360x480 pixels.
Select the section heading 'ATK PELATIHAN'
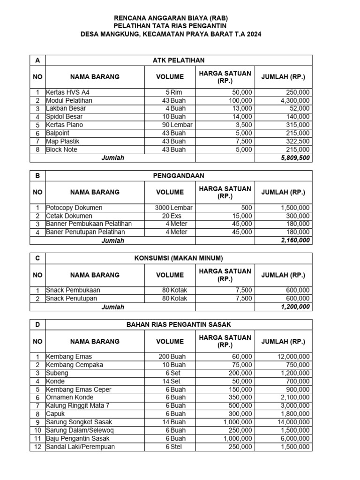[x=178, y=60]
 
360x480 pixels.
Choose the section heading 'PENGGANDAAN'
[x=178, y=176]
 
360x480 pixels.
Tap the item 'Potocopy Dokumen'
[x=74, y=208]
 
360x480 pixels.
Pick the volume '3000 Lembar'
[x=173, y=208]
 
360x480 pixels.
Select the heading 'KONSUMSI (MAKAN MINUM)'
[x=178, y=258]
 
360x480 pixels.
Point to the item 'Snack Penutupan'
[x=71, y=299]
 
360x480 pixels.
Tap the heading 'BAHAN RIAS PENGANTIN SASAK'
[x=178, y=325]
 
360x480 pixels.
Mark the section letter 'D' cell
[x=37, y=325]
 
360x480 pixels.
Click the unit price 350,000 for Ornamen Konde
[x=239, y=397]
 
